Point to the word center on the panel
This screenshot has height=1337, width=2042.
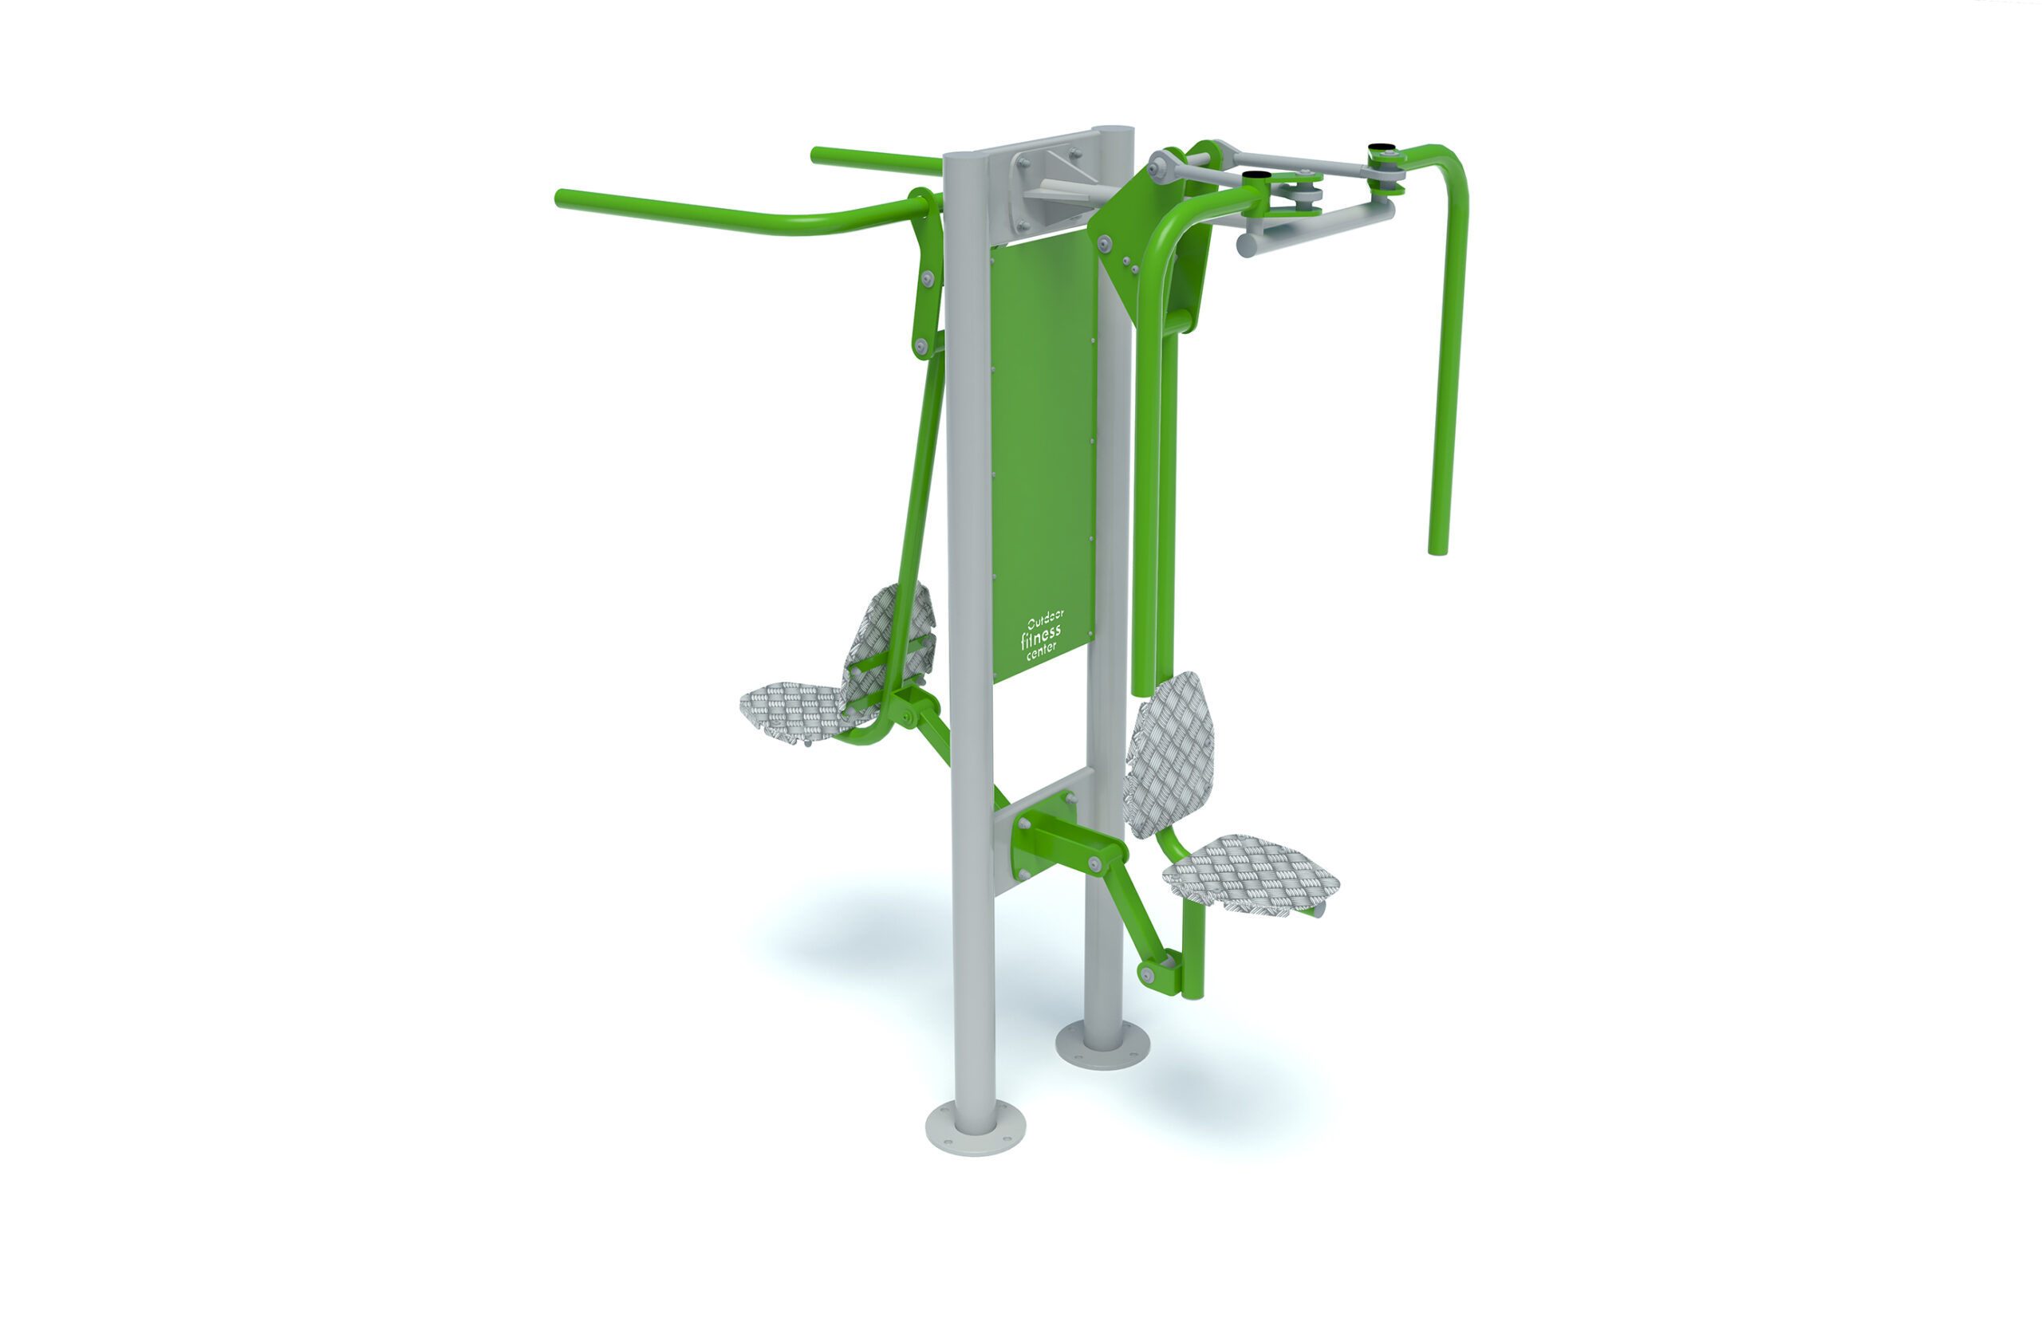[1042, 650]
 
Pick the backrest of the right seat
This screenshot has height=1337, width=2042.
[1169, 755]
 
